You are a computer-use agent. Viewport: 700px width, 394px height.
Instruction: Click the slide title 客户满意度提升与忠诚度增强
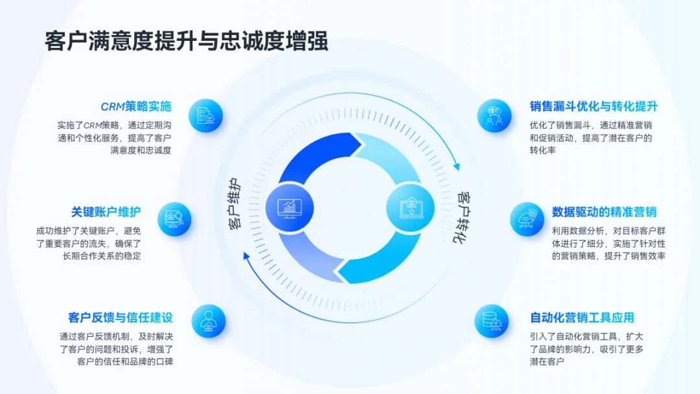[x=187, y=40]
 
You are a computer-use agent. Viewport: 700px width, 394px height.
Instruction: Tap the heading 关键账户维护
[x=106, y=212]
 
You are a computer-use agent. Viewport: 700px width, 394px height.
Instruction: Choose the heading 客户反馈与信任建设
[x=121, y=318]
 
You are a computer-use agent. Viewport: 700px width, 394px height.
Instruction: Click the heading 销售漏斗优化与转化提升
[x=594, y=107]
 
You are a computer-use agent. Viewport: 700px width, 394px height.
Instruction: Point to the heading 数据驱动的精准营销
[x=604, y=212]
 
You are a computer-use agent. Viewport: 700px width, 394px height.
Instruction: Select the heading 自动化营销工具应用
[x=582, y=318]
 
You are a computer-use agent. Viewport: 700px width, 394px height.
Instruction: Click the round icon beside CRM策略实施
[x=205, y=116]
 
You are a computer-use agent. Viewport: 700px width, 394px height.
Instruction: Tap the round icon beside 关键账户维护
[x=174, y=219]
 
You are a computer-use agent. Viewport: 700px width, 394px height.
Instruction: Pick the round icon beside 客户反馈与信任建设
[x=208, y=321]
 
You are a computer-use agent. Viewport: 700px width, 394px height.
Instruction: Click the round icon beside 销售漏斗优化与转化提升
[x=494, y=116]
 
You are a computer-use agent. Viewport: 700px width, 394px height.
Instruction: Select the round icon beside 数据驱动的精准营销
[x=526, y=219]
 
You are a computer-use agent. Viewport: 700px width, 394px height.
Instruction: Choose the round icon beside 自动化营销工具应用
[x=491, y=321]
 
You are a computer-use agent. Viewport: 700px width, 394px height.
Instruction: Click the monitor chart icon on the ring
[x=289, y=207]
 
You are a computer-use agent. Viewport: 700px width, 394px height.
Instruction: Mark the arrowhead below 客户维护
[x=246, y=255]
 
